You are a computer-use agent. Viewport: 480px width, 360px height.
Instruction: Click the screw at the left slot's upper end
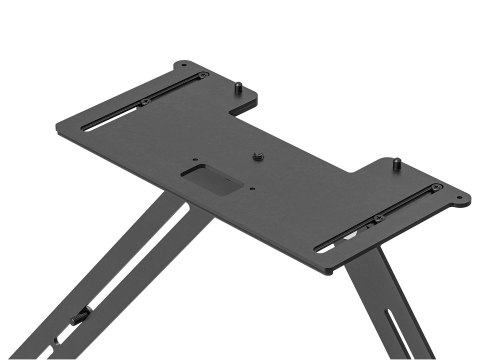click(x=203, y=76)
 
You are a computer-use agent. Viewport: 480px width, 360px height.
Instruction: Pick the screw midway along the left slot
click(x=146, y=101)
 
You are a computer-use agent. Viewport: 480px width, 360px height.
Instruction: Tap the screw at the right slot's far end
click(x=436, y=188)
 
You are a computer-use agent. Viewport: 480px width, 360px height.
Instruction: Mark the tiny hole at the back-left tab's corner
click(x=183, y=65)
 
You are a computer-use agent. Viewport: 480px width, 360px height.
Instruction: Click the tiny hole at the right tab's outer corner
click(x=460, y=198)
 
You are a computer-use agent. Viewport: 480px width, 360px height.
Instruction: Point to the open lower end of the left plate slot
click(x=86, y=126)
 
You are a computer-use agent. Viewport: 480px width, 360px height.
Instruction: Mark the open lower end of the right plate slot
click(x=320, y=248)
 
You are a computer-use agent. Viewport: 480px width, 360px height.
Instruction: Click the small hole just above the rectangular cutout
click(x=197, y=157)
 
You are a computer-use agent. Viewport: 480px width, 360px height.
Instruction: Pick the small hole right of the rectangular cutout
click(x=254, y=187)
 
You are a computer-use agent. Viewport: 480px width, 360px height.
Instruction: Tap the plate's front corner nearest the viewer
click(x=326, y=270)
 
